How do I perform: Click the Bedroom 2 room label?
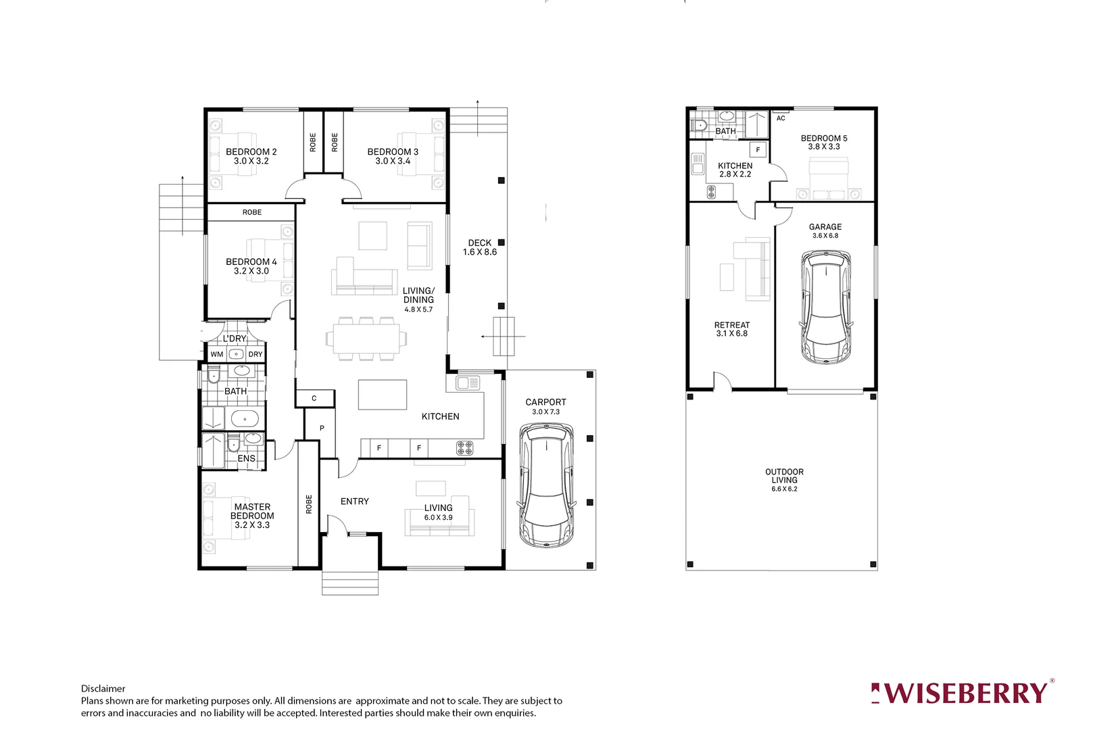251,152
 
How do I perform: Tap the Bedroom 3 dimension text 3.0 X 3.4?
393,162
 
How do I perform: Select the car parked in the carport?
546,485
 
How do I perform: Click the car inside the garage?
825,307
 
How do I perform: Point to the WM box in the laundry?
216,354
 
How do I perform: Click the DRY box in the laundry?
255,354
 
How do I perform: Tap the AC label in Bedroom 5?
781,118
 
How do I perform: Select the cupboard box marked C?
314,398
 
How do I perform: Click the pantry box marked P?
322,428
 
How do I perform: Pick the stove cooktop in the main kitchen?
464,447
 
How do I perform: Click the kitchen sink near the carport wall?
467,383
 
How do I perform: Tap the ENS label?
246,458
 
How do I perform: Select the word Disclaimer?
103,689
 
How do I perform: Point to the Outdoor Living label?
784,476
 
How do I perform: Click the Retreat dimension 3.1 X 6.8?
731,334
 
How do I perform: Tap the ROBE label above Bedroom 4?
251,212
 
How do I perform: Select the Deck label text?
479,243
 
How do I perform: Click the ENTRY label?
354,502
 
